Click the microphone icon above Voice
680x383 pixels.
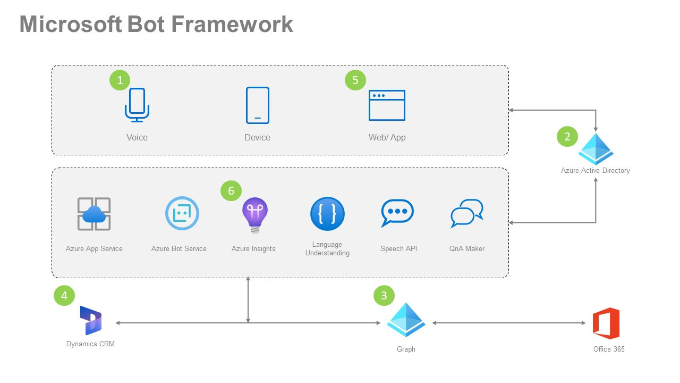(137, 105)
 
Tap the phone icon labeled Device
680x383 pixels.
(258, 105)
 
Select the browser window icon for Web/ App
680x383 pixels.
(387, 105)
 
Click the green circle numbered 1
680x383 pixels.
(120, 80)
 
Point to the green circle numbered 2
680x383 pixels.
(567, 137)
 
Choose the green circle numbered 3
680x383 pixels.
(384, 296)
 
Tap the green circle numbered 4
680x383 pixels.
(64, 296)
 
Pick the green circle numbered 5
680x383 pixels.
(355, 80)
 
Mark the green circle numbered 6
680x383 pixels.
(231, 191)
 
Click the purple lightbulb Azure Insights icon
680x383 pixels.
(255, 214)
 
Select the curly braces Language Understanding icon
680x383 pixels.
(327, 214)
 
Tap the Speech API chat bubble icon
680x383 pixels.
(397, 213)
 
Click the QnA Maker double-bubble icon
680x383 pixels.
(466, 213)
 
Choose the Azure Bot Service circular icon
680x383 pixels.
(182, 213)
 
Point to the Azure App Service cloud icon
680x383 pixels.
(94, 214)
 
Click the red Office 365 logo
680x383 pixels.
(606, 323)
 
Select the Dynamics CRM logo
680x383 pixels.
(90, 320)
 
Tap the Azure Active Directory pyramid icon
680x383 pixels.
(596, 149)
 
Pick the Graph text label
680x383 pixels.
(406, 349)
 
